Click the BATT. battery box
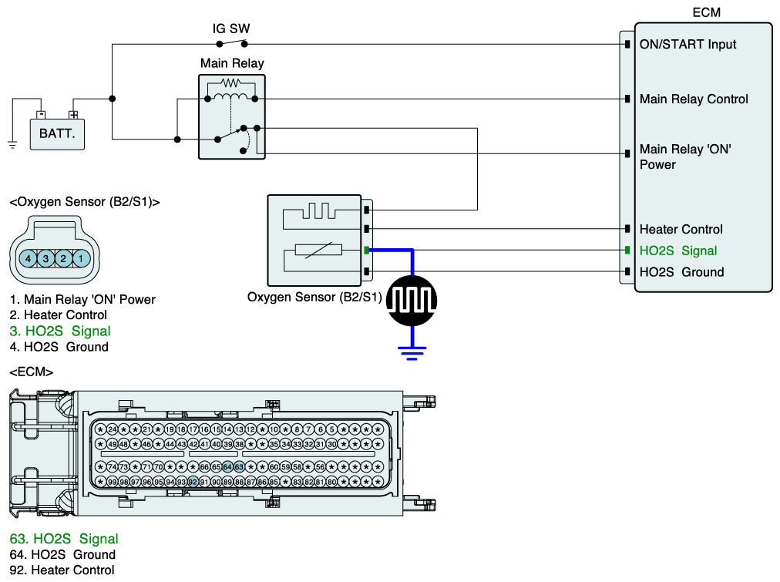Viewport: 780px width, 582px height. (57, 133)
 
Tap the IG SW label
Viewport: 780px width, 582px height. (231, 29)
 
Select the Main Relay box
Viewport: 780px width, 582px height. (232, 116)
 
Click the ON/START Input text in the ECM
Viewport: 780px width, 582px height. (688, 45)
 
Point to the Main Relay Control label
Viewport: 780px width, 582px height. (694, 99)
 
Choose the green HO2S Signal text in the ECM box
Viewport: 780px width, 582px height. (678, 251)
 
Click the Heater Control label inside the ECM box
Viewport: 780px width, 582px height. (681, 229)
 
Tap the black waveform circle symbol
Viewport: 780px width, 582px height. (412, 299)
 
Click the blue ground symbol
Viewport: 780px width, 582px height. (412, 352)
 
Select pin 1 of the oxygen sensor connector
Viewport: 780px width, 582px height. (82, 258)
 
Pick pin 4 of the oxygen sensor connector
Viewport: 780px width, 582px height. (29, 258)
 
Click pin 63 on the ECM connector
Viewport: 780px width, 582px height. (239, 467)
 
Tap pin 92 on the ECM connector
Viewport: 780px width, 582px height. (193, 482)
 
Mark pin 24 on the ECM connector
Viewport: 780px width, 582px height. (112, 429)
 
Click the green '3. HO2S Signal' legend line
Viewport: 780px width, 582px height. (60, 331)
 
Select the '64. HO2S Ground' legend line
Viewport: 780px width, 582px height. (62, 554)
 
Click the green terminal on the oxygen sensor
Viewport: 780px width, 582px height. (367, 251)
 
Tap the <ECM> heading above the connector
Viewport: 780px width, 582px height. (31, 372)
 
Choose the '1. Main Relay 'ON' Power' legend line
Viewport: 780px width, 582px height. (82, 299)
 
